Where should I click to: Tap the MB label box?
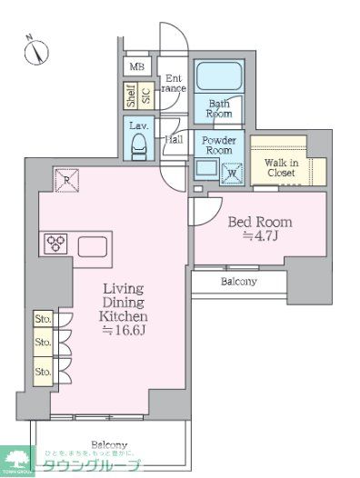pyautogui.click(x=136, y=67)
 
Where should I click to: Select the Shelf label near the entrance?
pyautogui.click(x=131, y=96)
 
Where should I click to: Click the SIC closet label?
pyautogui.click(x=145, y=96)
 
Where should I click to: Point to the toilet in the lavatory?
pyautogui.click(x=140, y=145)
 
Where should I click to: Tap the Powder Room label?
pyautogui.click(x=218, y=145)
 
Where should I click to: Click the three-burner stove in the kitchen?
pyautogui.click(x=54, y=244)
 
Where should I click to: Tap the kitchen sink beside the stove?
pyautogui.click(x=93, y=245)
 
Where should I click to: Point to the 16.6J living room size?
pyautogui.click(x=122, y=333)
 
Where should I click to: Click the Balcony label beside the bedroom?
pyautogui.click(x=238, y=282)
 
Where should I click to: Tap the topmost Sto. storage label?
pyautogui.click(x=43, y=319)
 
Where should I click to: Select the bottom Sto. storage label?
pyautogui.click(x=43, y=372)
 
